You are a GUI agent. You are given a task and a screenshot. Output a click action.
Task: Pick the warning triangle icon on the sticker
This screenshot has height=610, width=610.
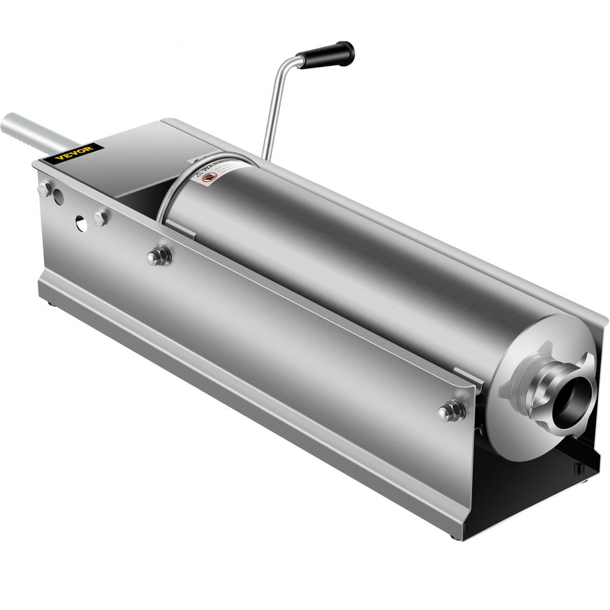click(x=198, y=174)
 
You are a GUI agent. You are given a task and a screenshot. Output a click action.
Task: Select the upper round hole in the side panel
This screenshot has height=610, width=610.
click(x=58, y=196)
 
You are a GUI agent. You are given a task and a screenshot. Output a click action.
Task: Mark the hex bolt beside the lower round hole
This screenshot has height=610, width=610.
click(x=101, y=218)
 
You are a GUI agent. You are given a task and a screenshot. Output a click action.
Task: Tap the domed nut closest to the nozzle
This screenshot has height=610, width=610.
click(x=450, y=411)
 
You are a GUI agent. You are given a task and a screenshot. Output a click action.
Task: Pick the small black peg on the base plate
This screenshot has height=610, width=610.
click(x=576, y=468)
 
